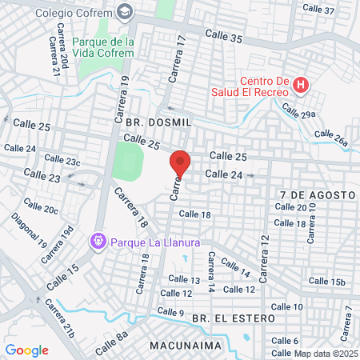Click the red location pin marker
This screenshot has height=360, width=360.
click(181, 165)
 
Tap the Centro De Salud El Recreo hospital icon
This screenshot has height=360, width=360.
click(301, 84)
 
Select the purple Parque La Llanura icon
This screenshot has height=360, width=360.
click(98, 239)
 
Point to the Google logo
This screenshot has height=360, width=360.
click(26, 350)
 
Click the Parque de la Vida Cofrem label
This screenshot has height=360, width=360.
click(102, 47)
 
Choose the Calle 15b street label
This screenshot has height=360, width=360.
click(326, 281)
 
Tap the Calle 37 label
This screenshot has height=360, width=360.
click(318, 10)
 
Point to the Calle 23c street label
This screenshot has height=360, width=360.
click(62, 160)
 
